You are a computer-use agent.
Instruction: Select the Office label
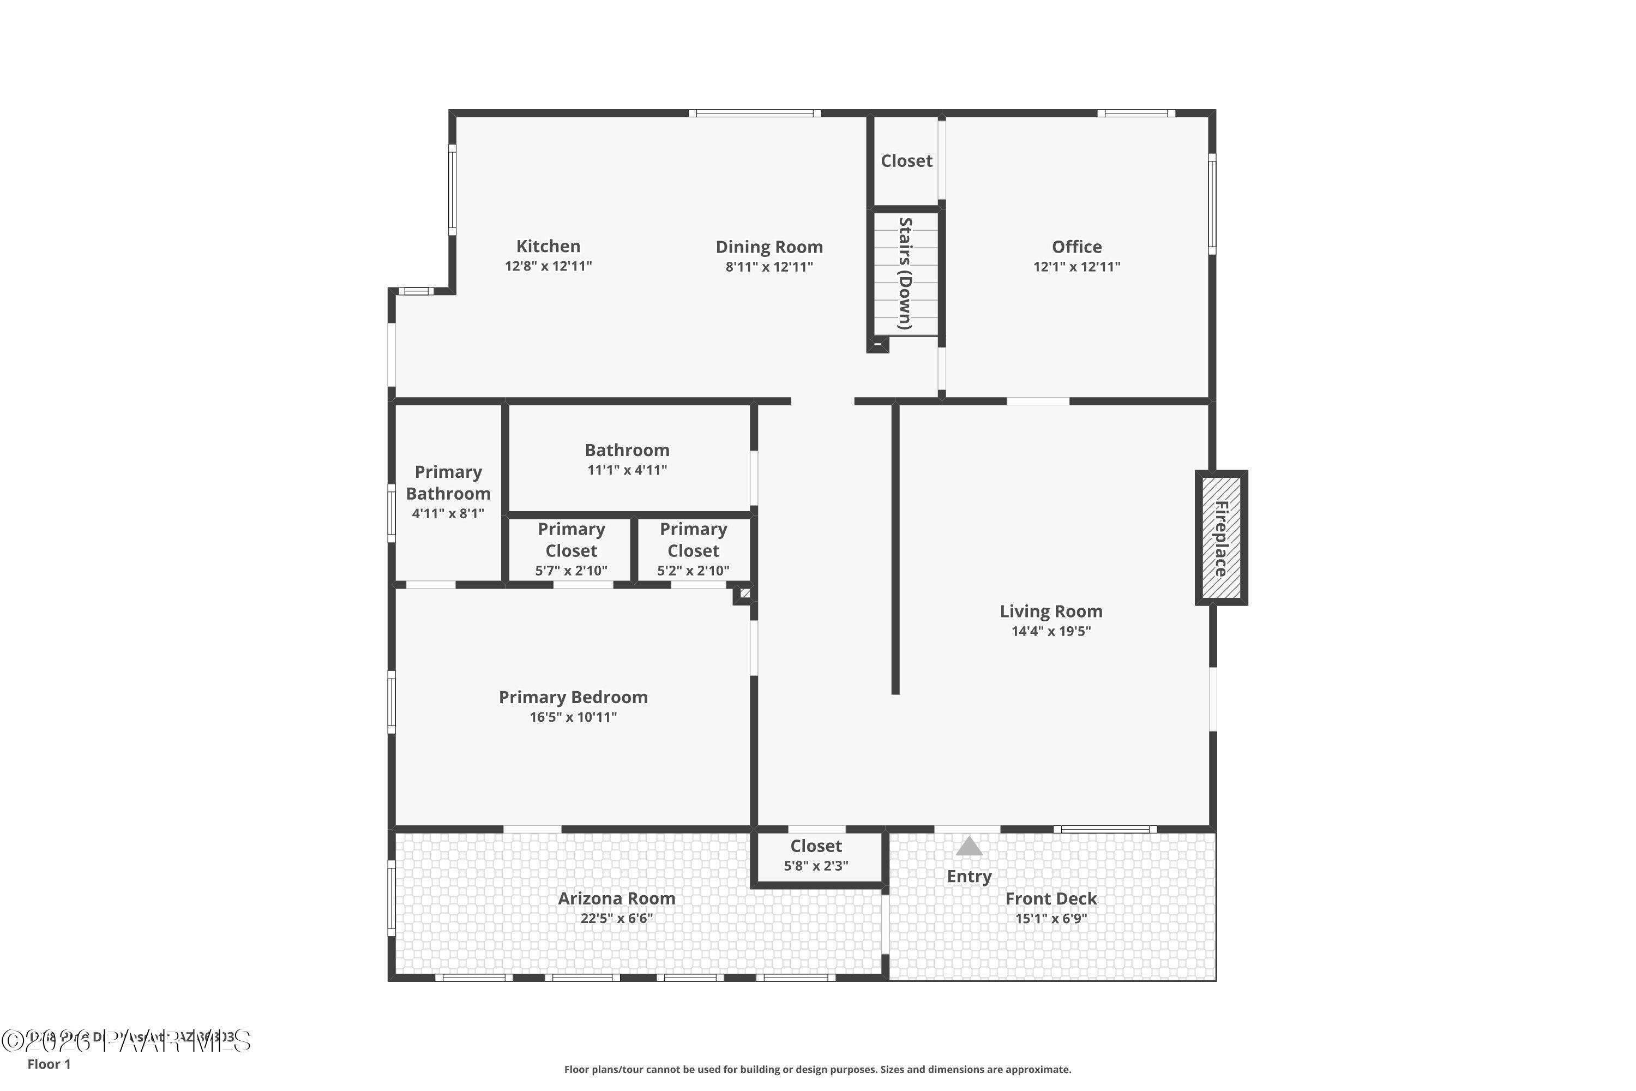click(1076, 247)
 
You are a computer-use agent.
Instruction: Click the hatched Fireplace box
click(1221, 538)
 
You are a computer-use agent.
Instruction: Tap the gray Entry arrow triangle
click(969, 847)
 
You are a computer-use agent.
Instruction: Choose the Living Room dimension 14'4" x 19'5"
click(1050, 631)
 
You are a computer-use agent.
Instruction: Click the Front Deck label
click(1050, 898)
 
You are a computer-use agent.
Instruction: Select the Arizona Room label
click(616, 898)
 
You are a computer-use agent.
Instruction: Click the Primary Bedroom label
click(573, 697)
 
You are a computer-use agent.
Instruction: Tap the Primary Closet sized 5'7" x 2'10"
click(571, 550)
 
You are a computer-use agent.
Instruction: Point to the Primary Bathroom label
click(448, 483)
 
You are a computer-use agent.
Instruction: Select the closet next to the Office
click(906, 161)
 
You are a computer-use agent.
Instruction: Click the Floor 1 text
click(49, 1064)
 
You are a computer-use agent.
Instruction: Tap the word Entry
click(969, 876)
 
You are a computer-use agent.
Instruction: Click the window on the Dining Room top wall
click(755, 113)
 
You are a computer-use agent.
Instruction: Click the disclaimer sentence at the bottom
click(817, 1069)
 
